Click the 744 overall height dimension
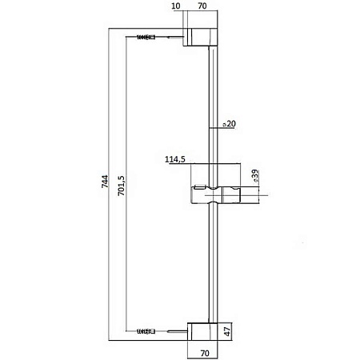[105, 182]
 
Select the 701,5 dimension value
[122, 186]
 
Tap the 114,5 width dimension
[175, 159]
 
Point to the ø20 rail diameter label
[230, 124]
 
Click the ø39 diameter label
[255, 176]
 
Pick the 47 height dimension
[227, 331]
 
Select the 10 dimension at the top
[176, 6]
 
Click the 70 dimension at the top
[202, 6]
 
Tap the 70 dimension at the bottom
[205, 354]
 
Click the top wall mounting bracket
[200, 37]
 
